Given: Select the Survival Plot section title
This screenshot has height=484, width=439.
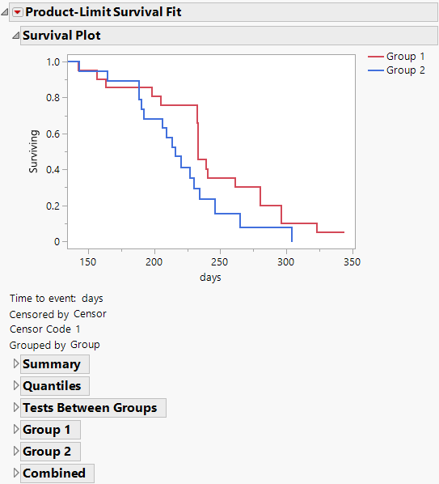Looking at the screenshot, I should [61, 36].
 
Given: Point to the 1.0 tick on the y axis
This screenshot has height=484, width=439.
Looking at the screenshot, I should [53, 62].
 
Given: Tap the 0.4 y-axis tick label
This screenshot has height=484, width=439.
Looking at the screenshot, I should [53, 170].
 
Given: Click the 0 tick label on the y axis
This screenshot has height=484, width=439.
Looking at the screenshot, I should [57, 242].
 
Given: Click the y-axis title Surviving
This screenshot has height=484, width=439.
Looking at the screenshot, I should [34, 151].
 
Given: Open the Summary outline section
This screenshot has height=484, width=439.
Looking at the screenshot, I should [51, 364].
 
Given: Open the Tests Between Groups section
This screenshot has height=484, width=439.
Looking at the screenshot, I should [90, 408].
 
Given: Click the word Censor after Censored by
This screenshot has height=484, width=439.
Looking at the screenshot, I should [90, 314].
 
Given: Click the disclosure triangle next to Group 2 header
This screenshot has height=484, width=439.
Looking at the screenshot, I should [15, 452].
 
